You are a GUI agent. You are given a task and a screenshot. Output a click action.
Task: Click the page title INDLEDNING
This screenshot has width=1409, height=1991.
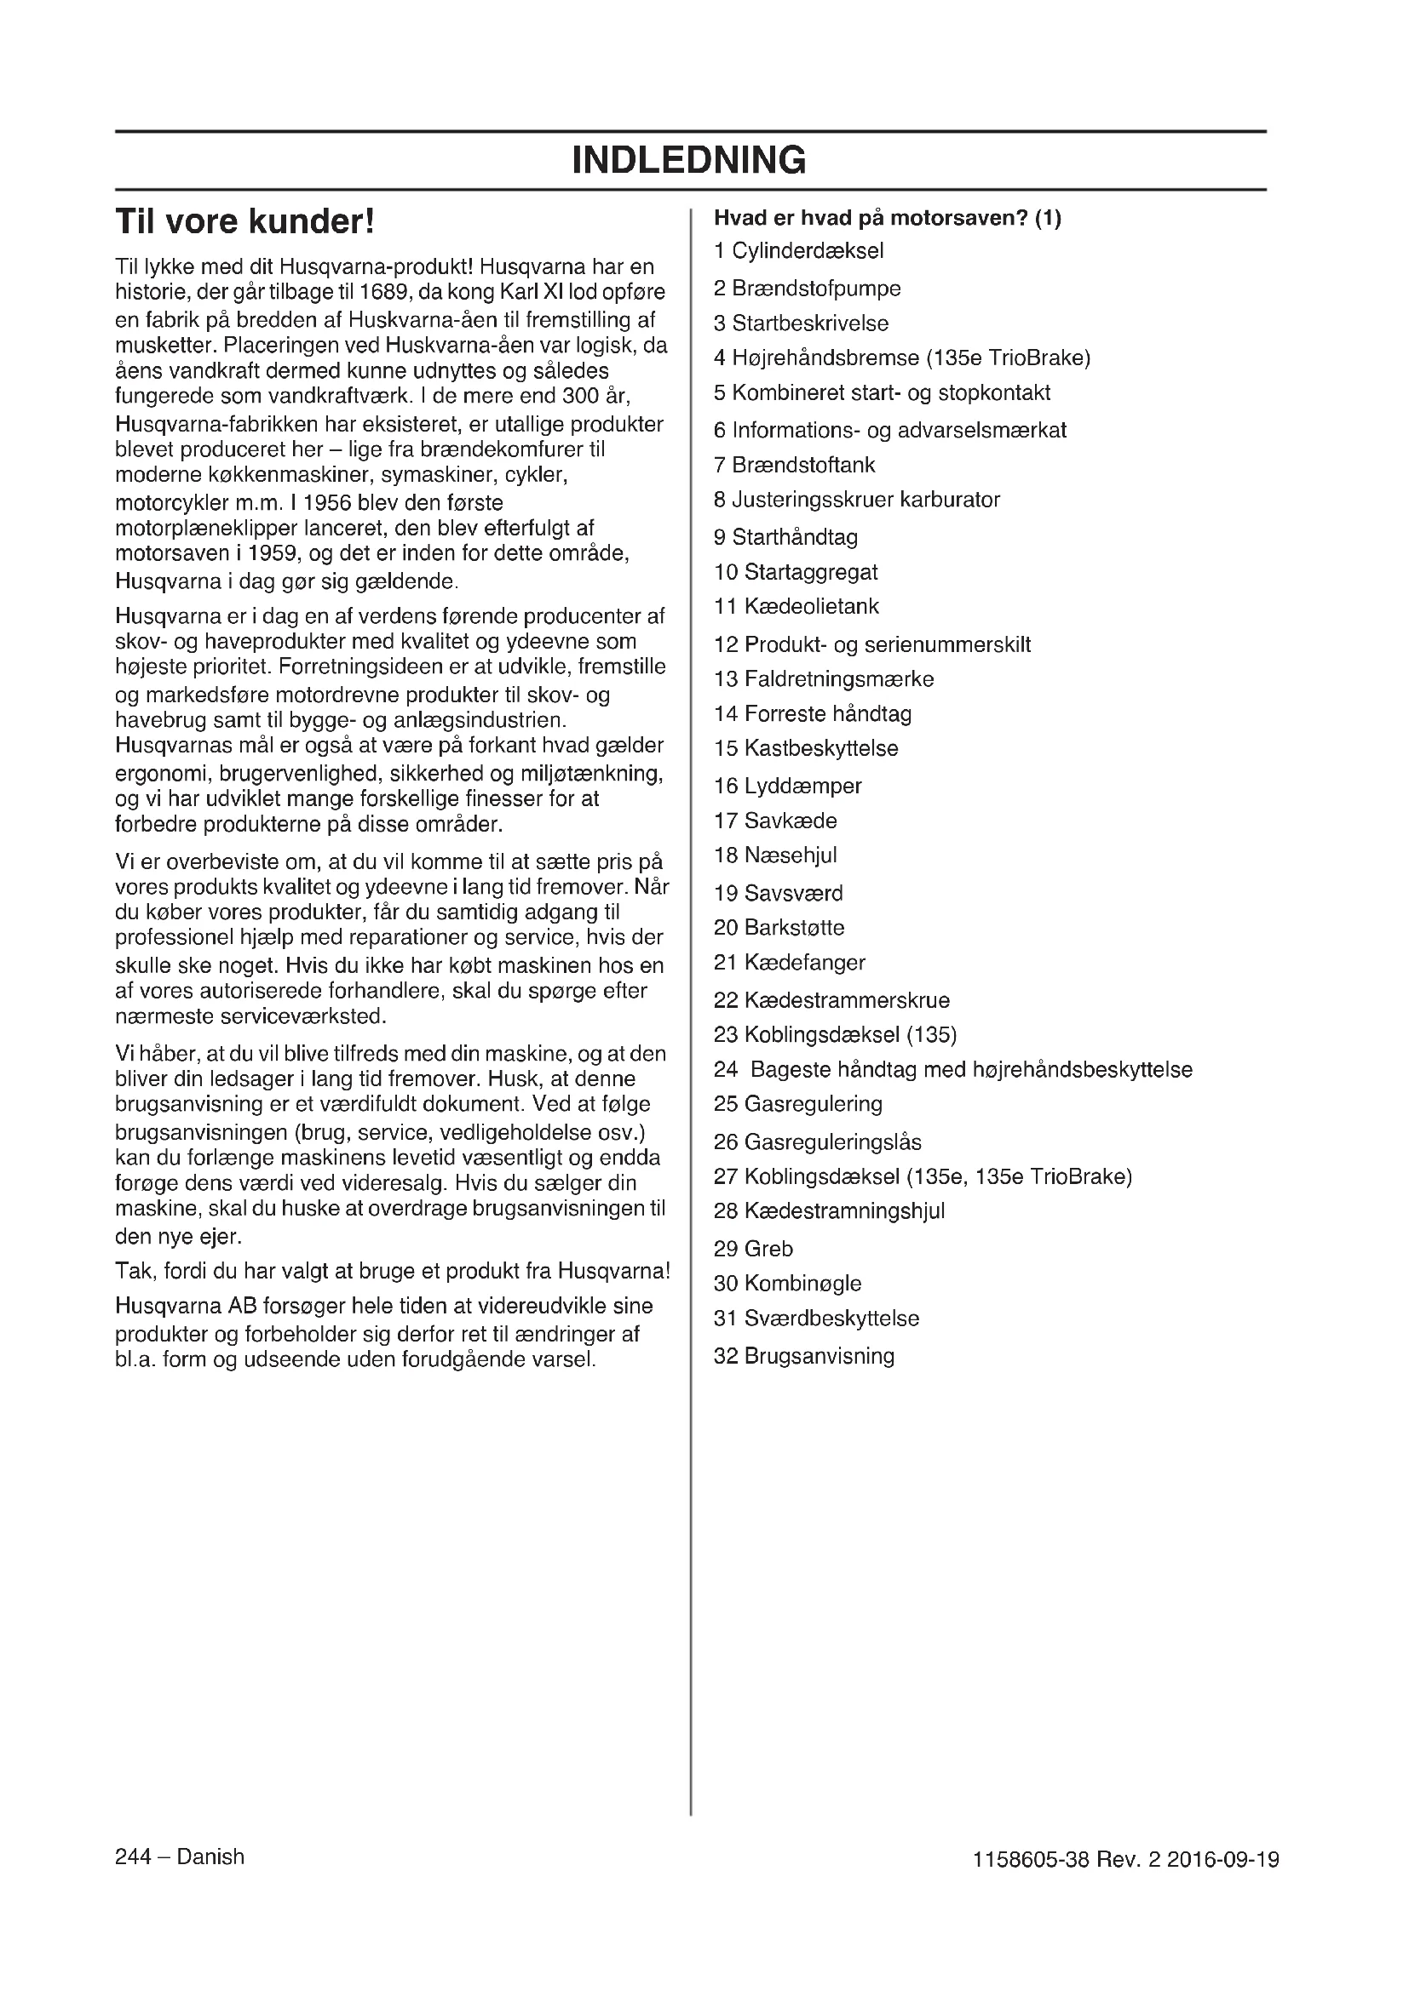(x=689, y=160)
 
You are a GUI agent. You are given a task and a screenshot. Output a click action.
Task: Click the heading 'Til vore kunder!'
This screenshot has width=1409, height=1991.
(x=245, y=222)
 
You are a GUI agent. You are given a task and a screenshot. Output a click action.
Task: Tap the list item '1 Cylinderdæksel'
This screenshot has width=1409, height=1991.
(x=798, y=251)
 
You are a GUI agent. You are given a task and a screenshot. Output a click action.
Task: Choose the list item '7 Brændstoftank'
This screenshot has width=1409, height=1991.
(x=794, y=465)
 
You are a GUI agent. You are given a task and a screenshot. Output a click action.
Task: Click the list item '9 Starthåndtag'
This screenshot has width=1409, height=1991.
(x=785, y=537)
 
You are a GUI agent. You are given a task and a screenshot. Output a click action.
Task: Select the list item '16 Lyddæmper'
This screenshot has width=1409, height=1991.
(x=787, y=786)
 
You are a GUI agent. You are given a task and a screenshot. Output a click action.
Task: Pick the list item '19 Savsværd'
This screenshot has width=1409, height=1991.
(x=778, y=892)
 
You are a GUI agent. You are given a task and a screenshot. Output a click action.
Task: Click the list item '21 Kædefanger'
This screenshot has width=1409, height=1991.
(x=789, y=963)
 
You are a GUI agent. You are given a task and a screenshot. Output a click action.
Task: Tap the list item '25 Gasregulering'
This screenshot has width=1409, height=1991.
(x=797, y=1104)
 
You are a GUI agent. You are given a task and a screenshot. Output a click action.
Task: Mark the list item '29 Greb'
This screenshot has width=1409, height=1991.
(x=753, y=1249)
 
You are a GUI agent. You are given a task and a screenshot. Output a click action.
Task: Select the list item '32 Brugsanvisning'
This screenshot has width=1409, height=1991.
(x=803, y=1356)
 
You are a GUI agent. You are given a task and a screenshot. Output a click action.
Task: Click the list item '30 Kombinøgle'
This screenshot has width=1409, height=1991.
(x=787, y=1284)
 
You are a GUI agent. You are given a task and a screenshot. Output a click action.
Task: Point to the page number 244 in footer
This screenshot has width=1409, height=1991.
(x=133, y=1857)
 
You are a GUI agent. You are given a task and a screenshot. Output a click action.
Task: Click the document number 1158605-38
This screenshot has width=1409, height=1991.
(x=1031, y=1860)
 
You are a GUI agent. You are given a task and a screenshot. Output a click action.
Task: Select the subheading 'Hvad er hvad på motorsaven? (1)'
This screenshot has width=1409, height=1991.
(x=887, y=218)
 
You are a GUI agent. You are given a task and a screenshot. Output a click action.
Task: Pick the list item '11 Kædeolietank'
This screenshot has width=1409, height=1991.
(x=796, y=606)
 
